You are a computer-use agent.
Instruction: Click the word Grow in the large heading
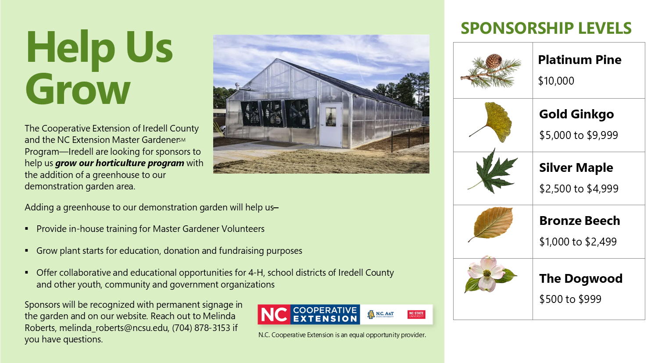[78, 89]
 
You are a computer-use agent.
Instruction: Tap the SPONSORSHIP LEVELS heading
[546, 28]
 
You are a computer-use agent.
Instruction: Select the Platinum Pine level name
[579, 60]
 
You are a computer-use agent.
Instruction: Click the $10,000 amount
[556, 81]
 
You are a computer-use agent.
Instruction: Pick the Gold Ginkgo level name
[576, 114]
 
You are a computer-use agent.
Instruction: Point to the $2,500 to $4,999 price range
[579, 189]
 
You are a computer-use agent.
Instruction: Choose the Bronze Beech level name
[579, 221]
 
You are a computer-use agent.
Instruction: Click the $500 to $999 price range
[570, 299]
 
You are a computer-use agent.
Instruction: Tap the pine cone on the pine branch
[494, 60]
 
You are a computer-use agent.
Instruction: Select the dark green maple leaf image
[494, 172]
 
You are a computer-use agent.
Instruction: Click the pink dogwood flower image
[487, 274]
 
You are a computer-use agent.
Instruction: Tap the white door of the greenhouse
[330, 125]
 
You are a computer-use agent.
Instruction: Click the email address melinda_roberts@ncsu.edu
[114, 328]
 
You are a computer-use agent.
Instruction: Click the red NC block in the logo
[274, 314]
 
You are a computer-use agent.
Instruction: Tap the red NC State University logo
[416, 314]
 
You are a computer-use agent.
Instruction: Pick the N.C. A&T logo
[380, 314]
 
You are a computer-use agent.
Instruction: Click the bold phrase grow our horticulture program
[119, 163]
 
